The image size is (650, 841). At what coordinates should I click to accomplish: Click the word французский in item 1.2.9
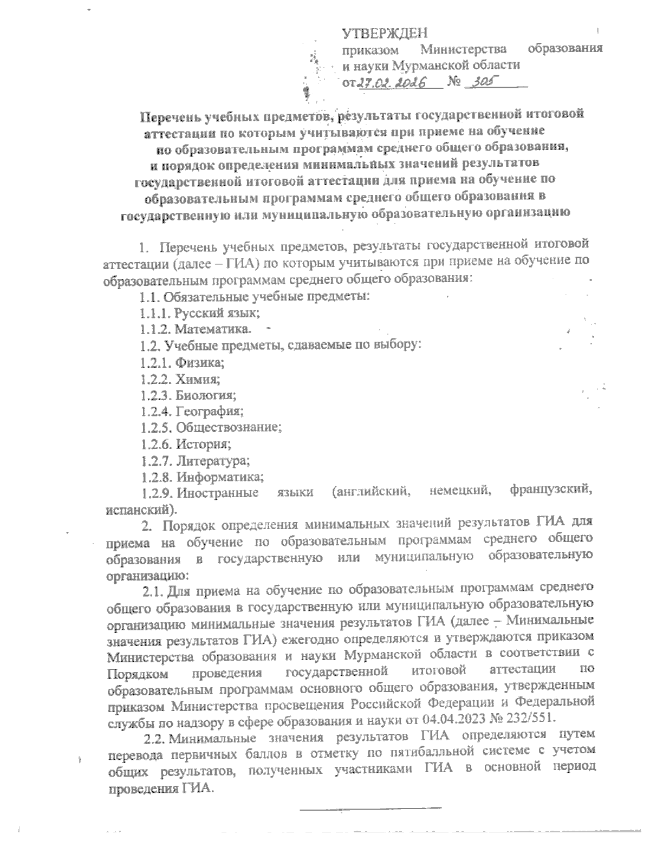pyautogui.click(x=550, y=492)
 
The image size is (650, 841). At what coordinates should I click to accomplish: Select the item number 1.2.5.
pyautogui.click(x=155, y=428)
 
